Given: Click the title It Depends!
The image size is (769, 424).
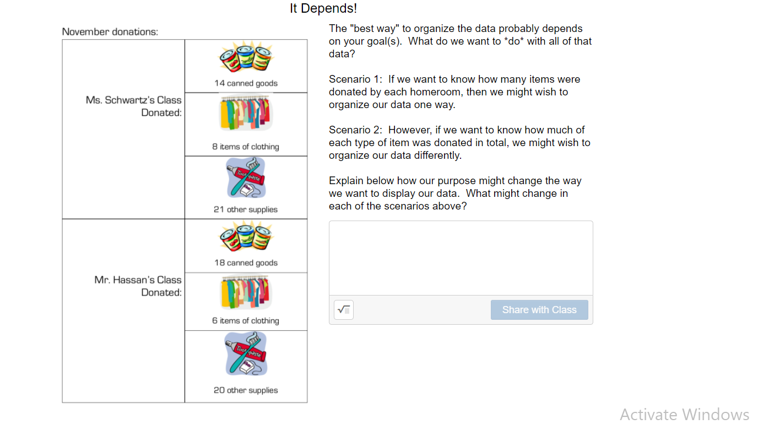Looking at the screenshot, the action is (x=323, y=9).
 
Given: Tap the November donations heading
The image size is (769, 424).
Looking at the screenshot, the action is (x=110, y=32).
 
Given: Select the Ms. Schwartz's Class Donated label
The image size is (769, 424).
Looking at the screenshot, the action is (x=134, y=106).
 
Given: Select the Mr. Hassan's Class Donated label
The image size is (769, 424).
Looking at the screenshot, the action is (x=138, y=286).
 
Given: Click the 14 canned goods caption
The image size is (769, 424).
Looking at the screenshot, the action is (x=246, y=83).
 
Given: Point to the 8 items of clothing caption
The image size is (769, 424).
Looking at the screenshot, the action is (x=246, y=147).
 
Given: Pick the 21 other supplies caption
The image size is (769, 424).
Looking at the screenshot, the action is (x=246, y=210).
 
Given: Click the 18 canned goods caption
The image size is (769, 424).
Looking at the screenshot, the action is (x=246, y=263).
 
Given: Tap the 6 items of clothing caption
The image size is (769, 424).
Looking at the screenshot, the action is (x=246, y=321).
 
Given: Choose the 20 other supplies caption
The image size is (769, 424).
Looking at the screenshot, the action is (x=246, y=390).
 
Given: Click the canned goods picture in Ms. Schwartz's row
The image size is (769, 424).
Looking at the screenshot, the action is (x=246, y=57).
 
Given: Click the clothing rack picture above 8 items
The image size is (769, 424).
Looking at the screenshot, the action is (x=246, y=114).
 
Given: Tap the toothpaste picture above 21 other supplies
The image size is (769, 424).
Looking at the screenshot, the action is (x=246, y=178).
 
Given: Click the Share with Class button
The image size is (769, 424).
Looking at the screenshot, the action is (x=539, y=310).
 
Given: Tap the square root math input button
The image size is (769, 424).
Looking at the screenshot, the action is (x=344, y=310).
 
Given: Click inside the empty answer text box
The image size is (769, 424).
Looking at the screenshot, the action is (x=461, y=258).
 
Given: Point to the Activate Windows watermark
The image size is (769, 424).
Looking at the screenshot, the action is (x=684, y=415).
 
